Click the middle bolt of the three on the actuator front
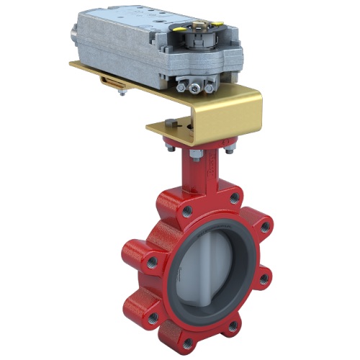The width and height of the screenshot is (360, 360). [197, 88]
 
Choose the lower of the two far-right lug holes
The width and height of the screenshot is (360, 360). [263, 276]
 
